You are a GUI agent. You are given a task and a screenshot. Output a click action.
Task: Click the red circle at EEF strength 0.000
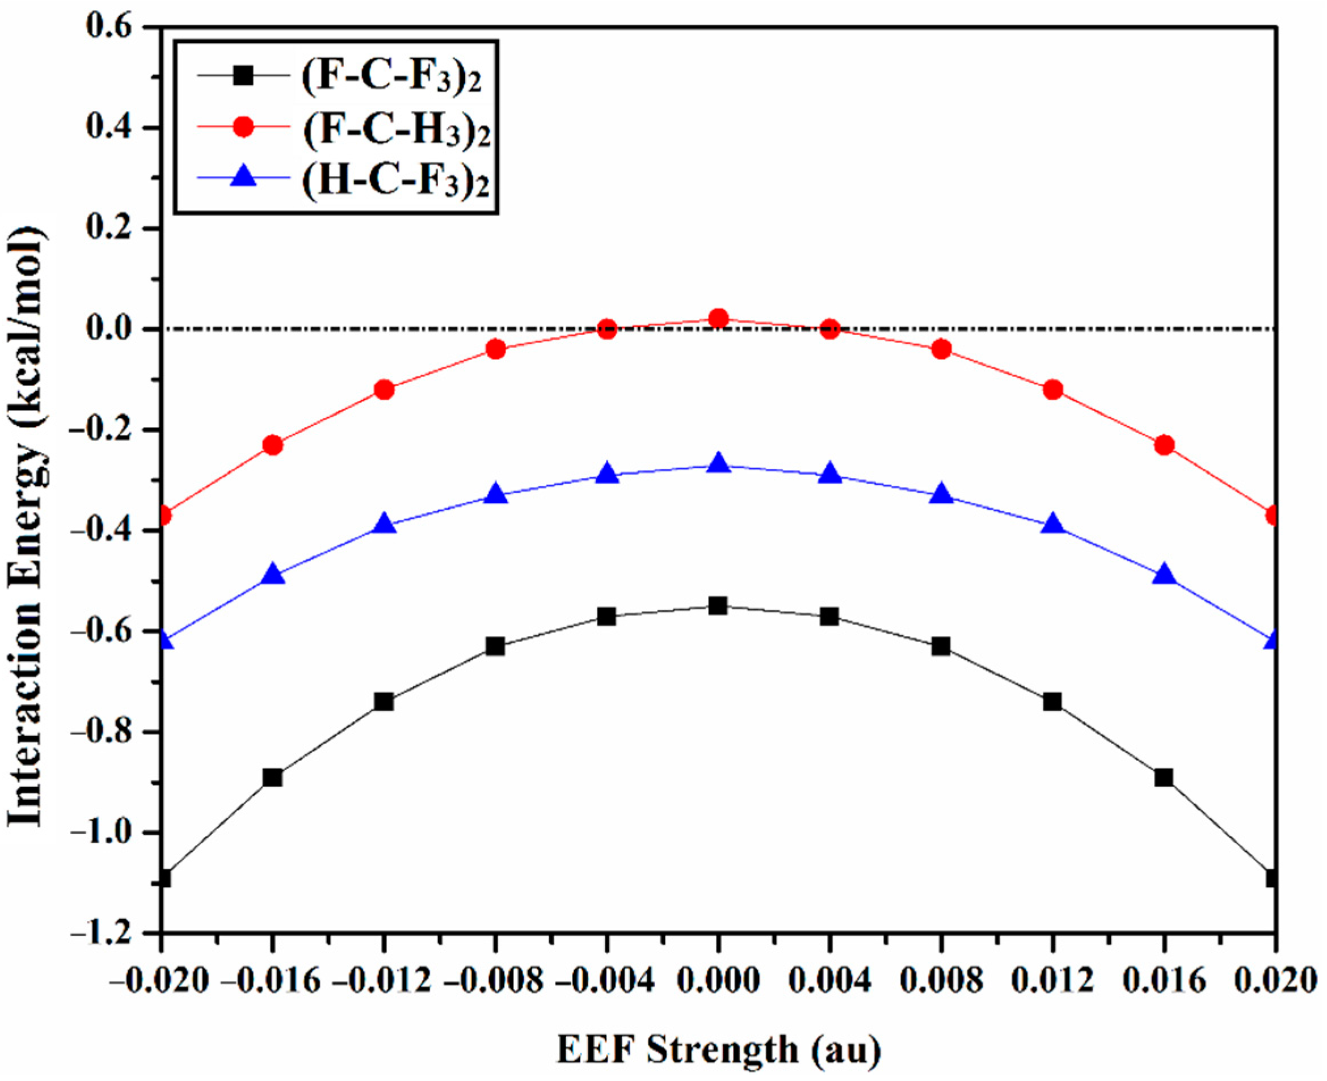(x=718, y=319)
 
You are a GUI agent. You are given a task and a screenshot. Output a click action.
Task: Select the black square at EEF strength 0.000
(x=718, y=605)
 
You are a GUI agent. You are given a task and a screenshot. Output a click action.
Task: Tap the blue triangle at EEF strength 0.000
(x=718, y=463)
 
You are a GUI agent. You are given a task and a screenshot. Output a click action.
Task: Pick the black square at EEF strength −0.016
(x=273, y=777)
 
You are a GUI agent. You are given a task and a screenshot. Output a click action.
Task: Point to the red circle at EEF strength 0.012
(x=1053, y=390)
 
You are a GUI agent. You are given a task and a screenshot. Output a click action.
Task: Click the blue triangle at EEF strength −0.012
(x=385, y=523)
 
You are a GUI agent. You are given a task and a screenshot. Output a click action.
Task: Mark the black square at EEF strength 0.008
(x=941, y=647)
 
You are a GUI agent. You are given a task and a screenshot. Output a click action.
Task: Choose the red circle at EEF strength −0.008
(x=496, y=349)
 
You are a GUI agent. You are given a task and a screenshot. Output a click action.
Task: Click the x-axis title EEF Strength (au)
(x=718, y=1049)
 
